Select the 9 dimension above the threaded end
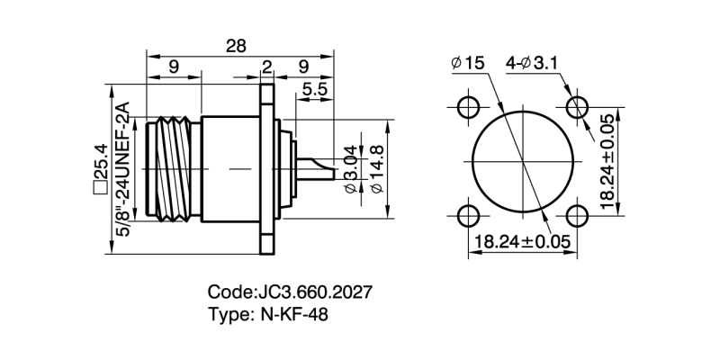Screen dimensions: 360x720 coord(172,66)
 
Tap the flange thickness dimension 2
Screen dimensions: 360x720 coord(266,66)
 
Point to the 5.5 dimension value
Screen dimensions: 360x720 coord(314,89)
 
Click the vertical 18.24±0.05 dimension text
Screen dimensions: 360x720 coord(608,162)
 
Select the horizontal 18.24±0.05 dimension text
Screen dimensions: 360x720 coord(522,241)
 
